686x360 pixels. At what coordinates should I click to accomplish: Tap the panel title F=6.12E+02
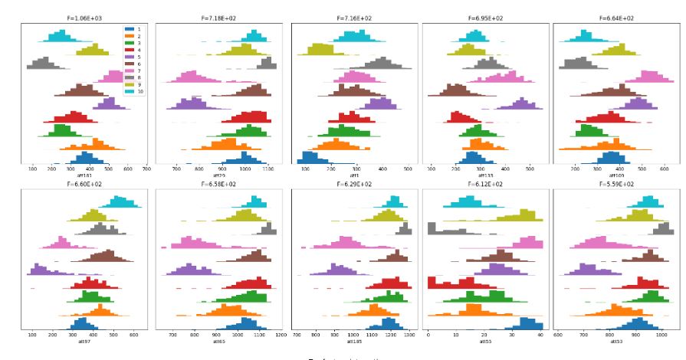pos(486,185)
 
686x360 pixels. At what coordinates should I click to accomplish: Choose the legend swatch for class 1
pos(130,29)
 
